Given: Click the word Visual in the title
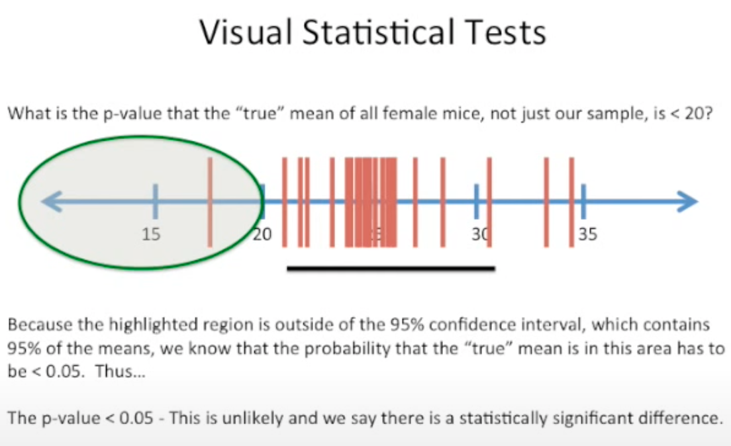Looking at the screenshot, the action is pos(246,32).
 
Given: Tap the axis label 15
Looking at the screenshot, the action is pos(151,234).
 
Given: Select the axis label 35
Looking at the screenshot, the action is pos(587,234).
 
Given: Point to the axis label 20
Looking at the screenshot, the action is pos(262,234).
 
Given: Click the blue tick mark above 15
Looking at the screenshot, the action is pos(155,201).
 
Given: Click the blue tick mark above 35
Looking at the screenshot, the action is pos(583,201).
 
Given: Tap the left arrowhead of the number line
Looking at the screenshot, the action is pos(51,201).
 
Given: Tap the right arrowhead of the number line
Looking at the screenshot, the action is pos(687,201).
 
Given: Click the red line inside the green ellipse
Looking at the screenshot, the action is pos(210,202).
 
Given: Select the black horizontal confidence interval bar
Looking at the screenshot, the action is pos(391,269).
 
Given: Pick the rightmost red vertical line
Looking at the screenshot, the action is pos(571,202).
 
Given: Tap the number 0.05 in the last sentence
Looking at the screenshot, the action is pos(136,418).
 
